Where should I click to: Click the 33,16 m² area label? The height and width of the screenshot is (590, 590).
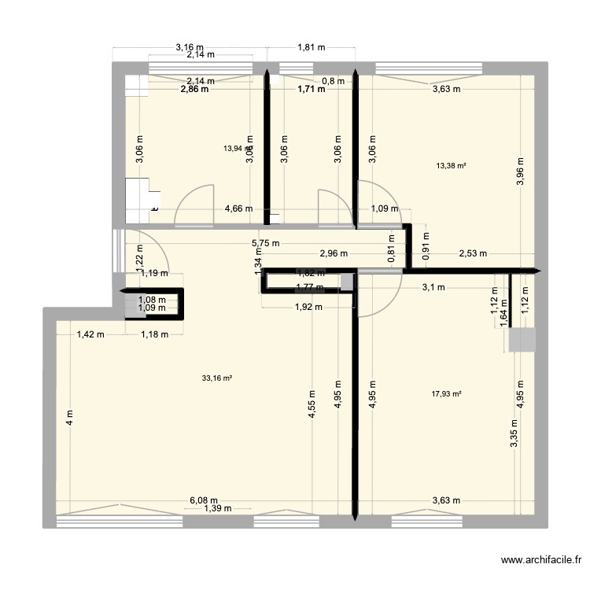point(217,378)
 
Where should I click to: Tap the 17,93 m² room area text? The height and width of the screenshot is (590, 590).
point(446,395)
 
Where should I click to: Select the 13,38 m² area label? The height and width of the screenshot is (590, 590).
point(451,166)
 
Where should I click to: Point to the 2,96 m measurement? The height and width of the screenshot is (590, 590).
point(334,253)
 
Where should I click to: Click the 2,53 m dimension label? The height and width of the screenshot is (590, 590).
point(472,253)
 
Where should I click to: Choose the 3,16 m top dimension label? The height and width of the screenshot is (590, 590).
point(190,46)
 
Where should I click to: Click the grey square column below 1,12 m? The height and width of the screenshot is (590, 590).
point(522,340)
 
